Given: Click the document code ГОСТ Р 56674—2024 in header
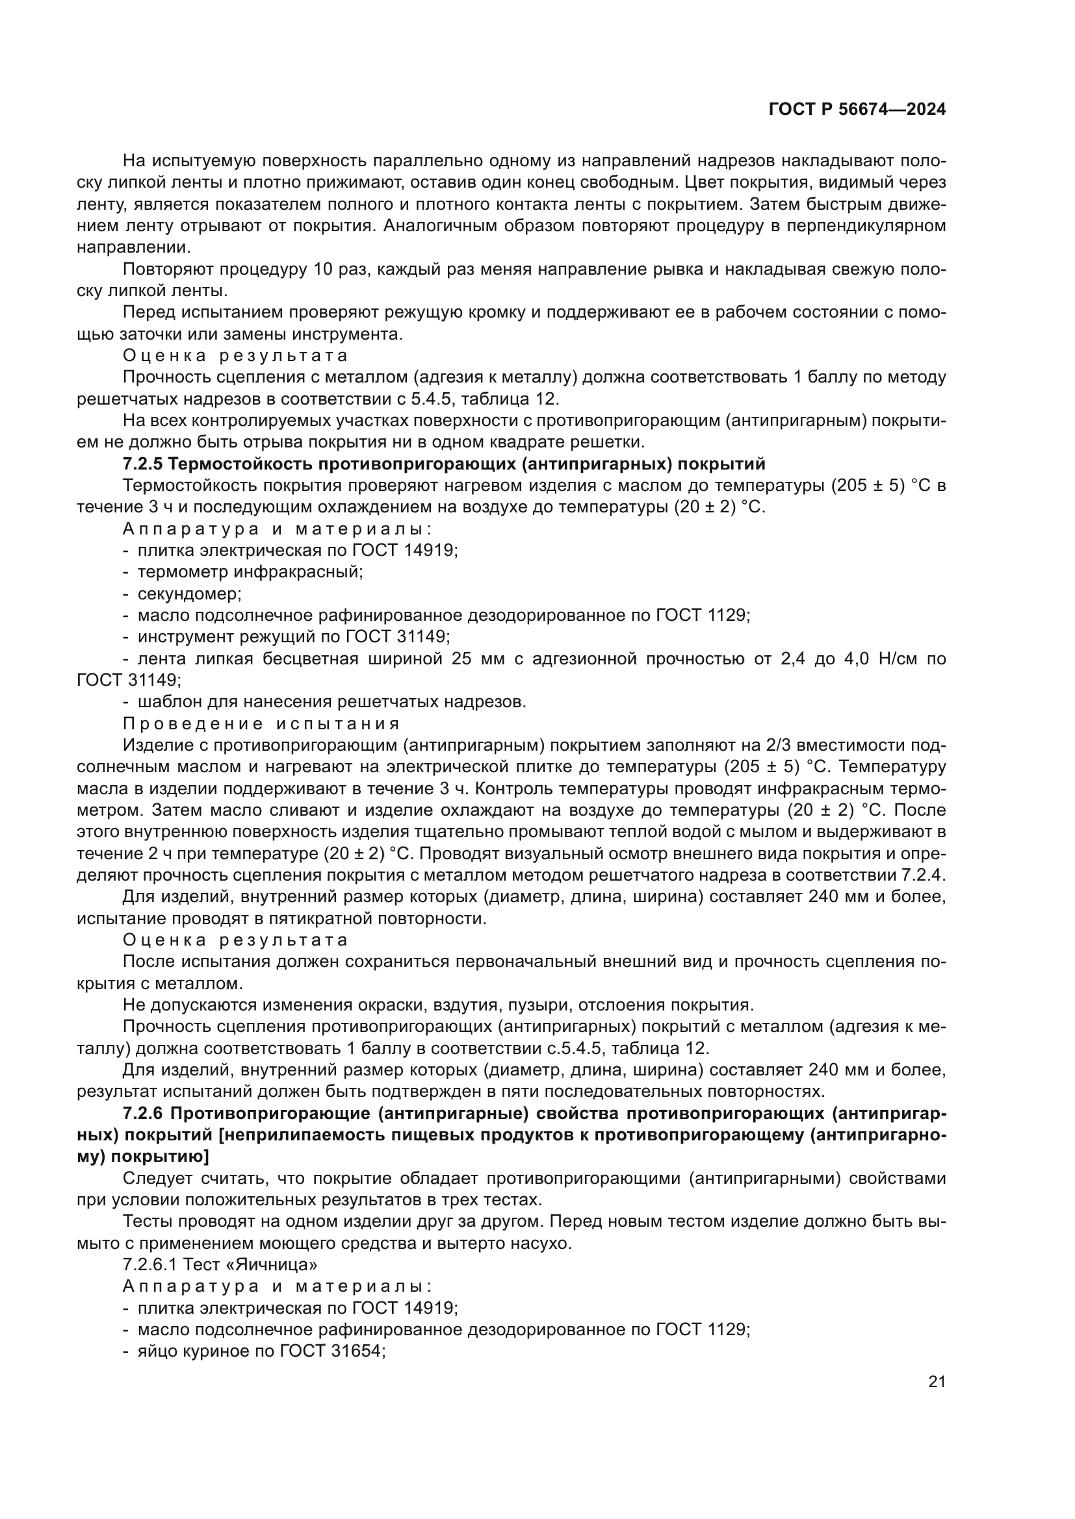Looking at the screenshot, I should click(857, 110).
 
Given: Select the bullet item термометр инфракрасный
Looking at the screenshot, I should click(250, 571).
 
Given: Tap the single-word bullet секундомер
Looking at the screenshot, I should click(189, 594).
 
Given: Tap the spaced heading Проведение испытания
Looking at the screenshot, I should click(261, 723).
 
